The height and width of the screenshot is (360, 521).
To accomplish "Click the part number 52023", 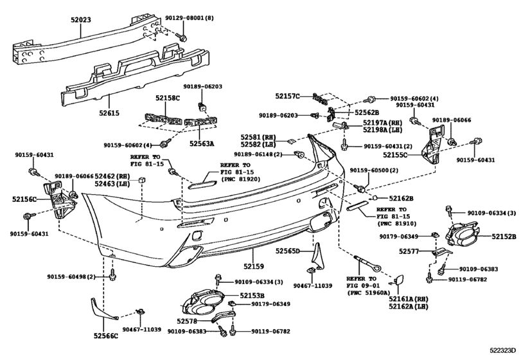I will pos(80,20).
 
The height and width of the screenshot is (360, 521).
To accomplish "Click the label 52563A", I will pos(202,144).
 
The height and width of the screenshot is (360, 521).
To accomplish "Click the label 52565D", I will pos(288,251).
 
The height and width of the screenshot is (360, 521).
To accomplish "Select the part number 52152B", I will pos(504,237).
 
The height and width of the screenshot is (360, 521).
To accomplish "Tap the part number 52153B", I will pos(234,296).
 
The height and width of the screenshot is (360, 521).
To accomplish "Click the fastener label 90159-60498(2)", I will pos(71,277).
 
